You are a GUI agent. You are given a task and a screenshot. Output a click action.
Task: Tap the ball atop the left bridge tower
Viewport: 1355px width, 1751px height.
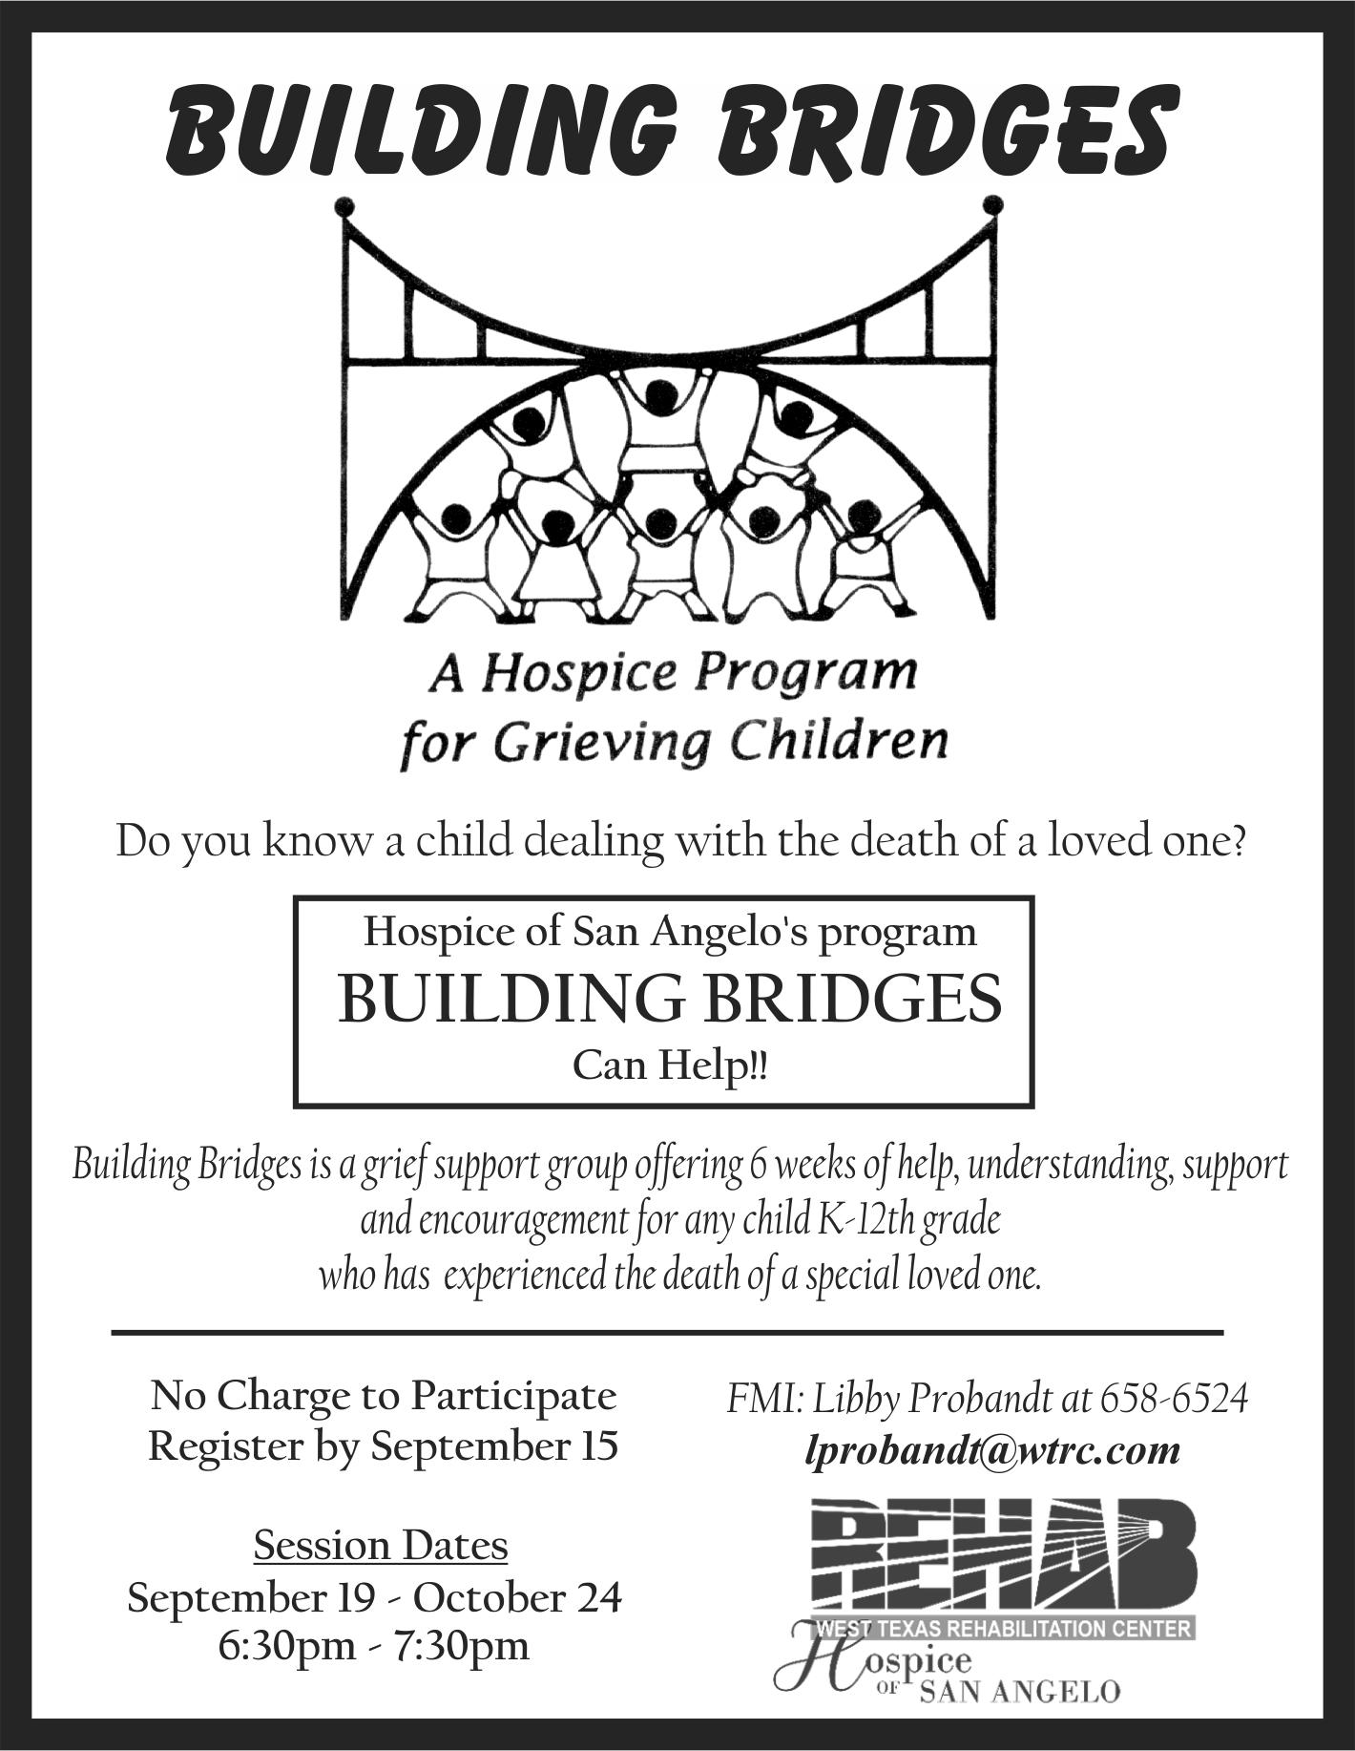click(x=344, y=206)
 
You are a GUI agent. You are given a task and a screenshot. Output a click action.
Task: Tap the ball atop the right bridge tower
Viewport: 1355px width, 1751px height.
click(x=992, y=204)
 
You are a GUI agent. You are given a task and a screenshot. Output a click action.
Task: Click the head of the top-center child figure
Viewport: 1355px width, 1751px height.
click(x=659, y=396)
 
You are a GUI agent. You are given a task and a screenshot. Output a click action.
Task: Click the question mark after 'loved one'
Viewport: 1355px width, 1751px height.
click(x=1235, y=841)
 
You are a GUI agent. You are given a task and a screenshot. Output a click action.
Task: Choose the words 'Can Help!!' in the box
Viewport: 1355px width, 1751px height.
click(x=670, y=1065)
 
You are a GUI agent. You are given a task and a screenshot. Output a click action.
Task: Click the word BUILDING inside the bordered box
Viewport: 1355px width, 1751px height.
click(x=511, y=999)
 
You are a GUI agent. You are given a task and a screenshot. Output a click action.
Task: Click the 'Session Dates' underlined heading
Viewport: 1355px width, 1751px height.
click(x=381, y=1545)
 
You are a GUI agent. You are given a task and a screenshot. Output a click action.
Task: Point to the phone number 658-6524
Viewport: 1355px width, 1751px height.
click(x=1174, y=1399)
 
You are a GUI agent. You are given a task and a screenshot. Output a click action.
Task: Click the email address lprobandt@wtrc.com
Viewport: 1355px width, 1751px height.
click(x=992, y=1449)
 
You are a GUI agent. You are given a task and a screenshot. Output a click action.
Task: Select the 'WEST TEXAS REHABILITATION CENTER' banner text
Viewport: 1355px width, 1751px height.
click(x=1004, y=1628)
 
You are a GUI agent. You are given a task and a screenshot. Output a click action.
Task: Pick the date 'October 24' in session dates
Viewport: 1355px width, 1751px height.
click(x=517, y=1596)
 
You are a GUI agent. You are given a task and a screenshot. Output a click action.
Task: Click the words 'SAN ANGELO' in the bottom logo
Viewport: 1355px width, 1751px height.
click(x=1019, y=1693)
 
